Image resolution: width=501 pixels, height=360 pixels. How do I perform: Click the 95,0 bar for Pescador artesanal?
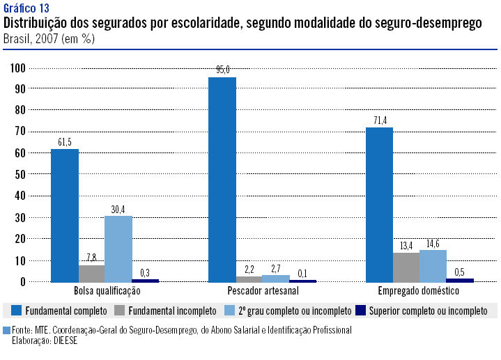[x=222, y=179]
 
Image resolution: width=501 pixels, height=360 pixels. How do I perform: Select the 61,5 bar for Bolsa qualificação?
[x=65, y=215]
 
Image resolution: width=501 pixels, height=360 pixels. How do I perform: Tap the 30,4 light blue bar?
[x=118, y=249]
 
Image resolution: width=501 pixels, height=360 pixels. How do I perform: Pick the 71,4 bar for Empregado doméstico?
[x=380, y=205]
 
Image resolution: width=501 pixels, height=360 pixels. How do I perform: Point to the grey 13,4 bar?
[x=406, y=267]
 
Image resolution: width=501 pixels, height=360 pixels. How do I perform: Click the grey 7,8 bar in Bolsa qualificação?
[x=91, y=274]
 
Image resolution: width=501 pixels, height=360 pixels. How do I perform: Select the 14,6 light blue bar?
[x=433, y=266]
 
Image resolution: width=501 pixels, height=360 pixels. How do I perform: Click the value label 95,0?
[x=222, y=70]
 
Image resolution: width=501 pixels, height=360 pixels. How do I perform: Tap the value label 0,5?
[x=460, y=271]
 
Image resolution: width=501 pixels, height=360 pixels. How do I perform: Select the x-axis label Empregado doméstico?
[x=419, y=291]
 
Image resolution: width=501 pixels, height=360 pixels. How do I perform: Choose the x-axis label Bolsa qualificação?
[x=106, y=291]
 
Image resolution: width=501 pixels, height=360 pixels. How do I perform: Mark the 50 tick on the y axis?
[x=19, y=175]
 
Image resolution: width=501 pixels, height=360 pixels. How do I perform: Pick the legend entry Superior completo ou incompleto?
[x=428, y=309]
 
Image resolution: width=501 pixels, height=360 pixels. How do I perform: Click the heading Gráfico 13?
[x=26, y=8]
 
